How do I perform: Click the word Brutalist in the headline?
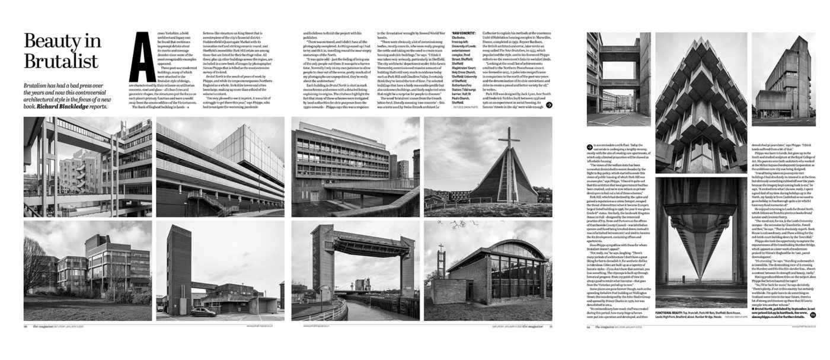[61, 61]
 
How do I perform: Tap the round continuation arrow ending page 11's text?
[549, 105]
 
